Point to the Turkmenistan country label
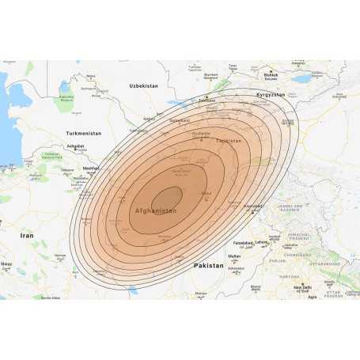click(85, 134)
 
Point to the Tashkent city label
click(207, 100)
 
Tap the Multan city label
click(234, 256)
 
